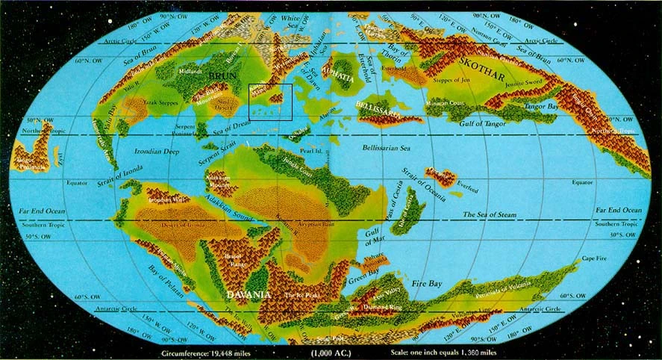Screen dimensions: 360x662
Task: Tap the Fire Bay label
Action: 449,284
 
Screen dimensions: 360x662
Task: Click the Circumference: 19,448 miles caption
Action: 204,351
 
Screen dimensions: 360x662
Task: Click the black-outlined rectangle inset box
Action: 270,102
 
